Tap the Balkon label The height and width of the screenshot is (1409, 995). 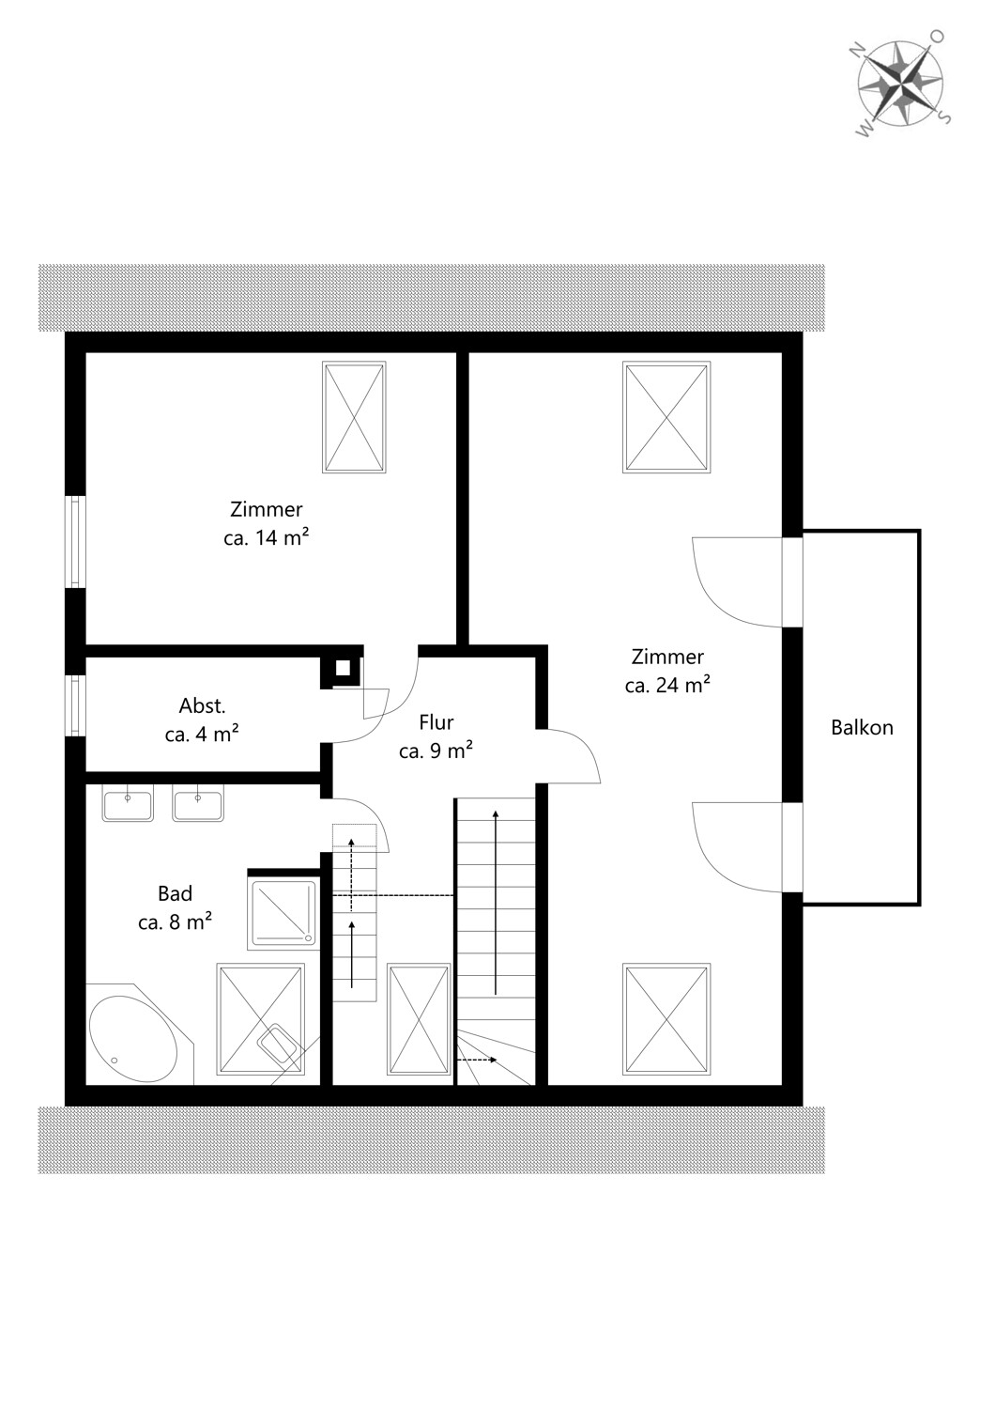[862, 728]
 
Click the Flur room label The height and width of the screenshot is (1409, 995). [436, 722]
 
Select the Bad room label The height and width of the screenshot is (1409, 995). [175, 893]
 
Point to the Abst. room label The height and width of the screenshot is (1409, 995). [203, 705]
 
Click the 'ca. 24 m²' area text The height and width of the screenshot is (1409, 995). [667, 685]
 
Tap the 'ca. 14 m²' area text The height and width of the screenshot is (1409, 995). [267, 538]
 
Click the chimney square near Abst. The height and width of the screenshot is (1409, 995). [342, 667]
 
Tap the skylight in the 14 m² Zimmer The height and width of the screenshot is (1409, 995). [354, 417]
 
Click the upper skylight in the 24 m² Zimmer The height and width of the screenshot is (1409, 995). [666, 417]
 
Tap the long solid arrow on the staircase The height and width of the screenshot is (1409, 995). [496, 903]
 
